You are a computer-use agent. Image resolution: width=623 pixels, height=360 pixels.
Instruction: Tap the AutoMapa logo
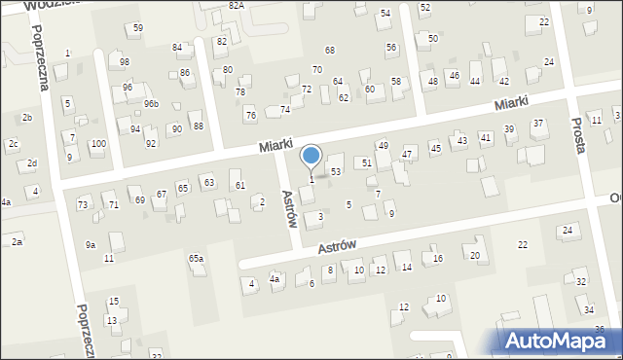pyautogui.click(x=561, y=341)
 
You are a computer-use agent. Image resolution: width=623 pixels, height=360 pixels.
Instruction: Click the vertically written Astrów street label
pyautogui.click(x=288, y=208)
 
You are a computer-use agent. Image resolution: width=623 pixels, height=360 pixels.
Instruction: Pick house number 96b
pyautogui.click(x=151, y=104)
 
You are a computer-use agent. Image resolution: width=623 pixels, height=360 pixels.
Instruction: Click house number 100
pyautogui.click(x=97, y=143)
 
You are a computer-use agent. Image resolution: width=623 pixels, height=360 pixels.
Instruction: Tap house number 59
pyautogui.click(x=137, y=28)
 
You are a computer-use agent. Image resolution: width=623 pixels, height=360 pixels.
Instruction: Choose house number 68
pyautogui.click(x=330, y=50)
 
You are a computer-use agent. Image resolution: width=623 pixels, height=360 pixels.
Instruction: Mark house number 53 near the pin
pyautogui.click(x=336, y=171)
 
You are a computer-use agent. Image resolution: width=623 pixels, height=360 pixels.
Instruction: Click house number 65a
pyautogui.click(x=196, y=259)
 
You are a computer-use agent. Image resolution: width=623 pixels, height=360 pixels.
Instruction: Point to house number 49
pyautogui.click(x=384, y=145)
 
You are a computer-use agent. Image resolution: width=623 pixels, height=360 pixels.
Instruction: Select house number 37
pyautogui.click(x=537, y=124)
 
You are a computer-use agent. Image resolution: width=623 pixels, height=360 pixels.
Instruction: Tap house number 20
pyautogui.click(x=475, y=255)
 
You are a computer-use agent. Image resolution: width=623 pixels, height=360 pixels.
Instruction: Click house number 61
pyautogui.click(x=240, y=185)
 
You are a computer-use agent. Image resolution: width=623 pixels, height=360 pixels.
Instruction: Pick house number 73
pyautogui.click(x=83, y=204)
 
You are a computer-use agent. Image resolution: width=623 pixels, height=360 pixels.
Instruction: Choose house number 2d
pyautogui.click(x=32, y=162)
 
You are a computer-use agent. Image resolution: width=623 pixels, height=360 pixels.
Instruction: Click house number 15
pyautogui.click(x=113, y=302)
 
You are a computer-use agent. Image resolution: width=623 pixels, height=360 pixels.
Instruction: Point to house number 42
pyautogui.click(x=503, y=81)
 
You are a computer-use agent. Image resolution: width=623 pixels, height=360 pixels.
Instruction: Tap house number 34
pyautogui.click(x=588, y=309)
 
